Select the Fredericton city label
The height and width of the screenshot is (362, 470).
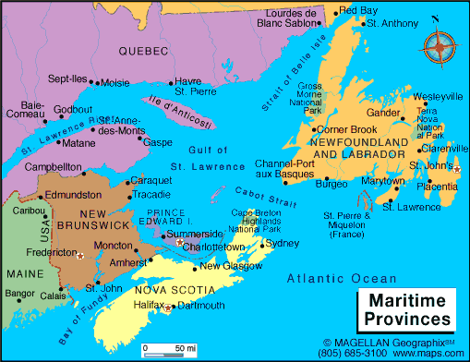[x=49, y=252]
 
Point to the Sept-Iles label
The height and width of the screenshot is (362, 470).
[x=66, y=80]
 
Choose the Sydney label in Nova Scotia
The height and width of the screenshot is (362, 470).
[x=283, y=245]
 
